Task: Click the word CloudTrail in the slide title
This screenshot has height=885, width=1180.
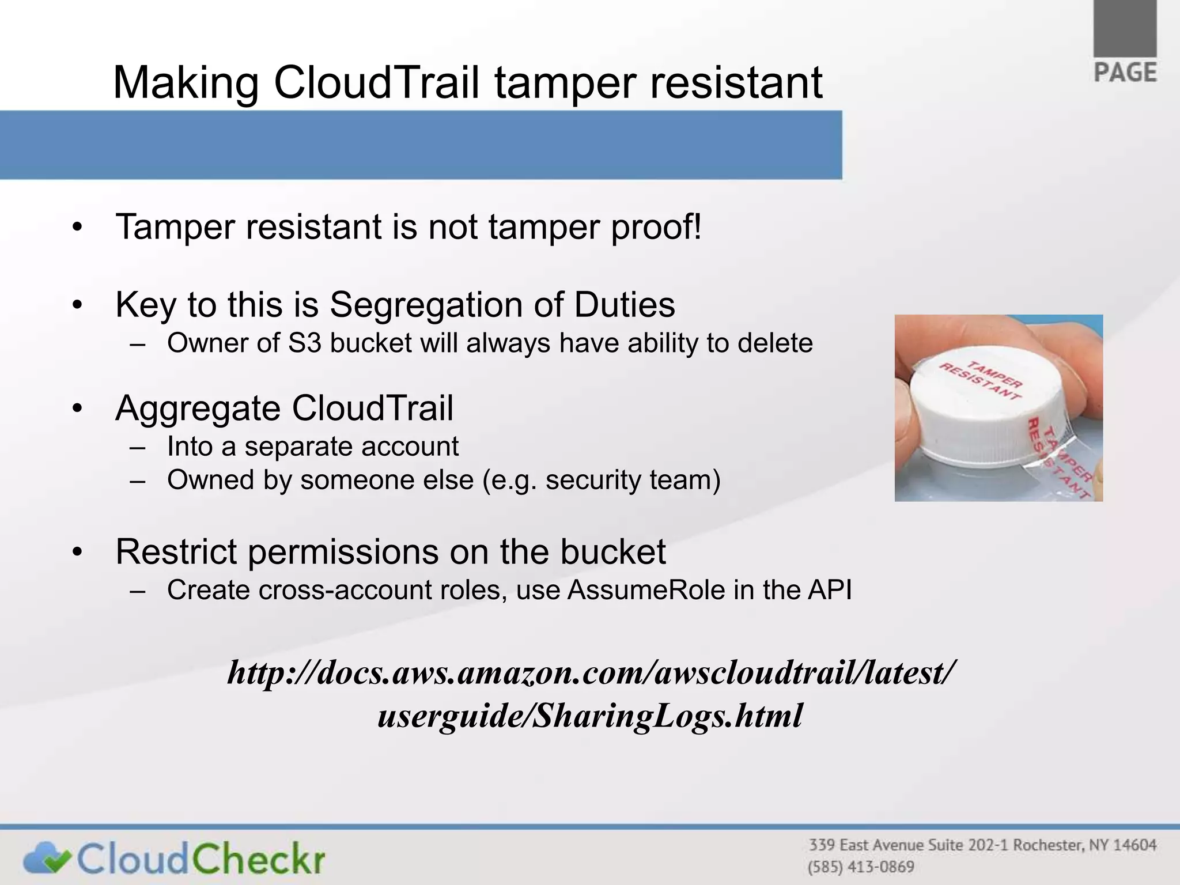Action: coord(376,82)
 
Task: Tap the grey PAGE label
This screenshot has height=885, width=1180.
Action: coord(1125,73)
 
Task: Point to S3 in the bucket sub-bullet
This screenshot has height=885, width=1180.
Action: coord(304,343)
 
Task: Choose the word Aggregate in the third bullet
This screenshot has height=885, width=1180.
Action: coord(199,409)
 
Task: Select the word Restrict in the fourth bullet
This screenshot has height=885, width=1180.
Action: coord(176,551)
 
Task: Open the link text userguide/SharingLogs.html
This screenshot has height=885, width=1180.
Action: coord(590,716)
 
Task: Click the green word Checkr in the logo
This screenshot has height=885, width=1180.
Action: coord(258,858)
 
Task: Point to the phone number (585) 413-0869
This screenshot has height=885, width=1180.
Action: coord(861,867)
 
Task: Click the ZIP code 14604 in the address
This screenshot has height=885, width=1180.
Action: coord(1134,845)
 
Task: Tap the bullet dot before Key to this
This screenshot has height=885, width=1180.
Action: coord(78,305)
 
